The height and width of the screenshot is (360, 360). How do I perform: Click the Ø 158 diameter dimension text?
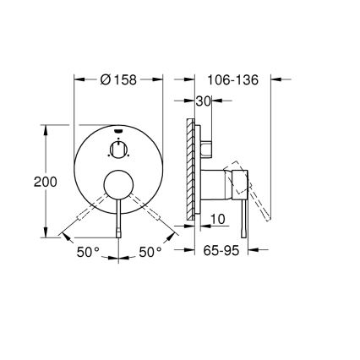(119, 80)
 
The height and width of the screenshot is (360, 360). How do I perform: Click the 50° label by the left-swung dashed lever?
(88, 252)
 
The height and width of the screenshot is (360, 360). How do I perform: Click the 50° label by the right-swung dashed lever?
(150, 252)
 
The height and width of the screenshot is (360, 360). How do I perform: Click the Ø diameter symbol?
(106, 80)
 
